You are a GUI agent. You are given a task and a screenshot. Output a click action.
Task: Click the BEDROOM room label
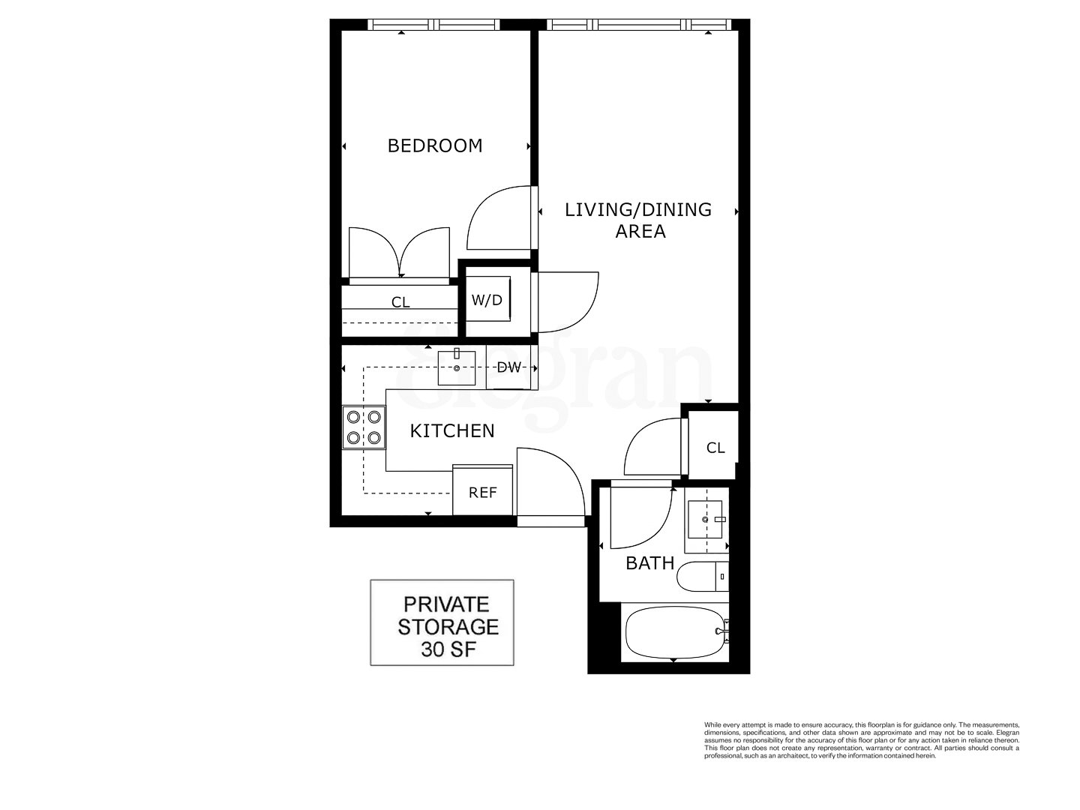click(x=434, y=145)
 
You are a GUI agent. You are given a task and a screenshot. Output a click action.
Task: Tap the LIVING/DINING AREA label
click(x=638, y=220)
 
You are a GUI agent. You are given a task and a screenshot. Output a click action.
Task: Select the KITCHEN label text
click(x=452, y=430)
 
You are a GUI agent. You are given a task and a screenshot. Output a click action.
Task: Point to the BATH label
click(x=649, y=563)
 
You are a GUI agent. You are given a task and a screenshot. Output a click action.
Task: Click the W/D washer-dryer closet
click(x=487, y=300)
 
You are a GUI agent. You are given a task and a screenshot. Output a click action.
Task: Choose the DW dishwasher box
click(x=509, y=367)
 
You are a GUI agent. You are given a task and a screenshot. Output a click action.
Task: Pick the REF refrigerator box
click(x=483, y=492)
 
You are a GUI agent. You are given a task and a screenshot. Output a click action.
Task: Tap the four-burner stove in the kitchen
click(x=364, y=427)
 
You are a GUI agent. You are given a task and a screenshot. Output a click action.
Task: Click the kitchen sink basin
click(x=457, y=367)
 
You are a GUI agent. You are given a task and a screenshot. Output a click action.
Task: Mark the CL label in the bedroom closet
click(x=400, y=302)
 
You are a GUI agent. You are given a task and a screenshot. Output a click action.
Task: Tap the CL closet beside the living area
click(x=715, y=448)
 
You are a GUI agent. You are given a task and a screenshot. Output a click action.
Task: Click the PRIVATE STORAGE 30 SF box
click(x=442, y=622)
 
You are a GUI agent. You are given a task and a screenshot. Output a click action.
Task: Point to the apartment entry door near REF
click(x=549, y=484)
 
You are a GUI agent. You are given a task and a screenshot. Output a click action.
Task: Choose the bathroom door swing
click(x=639, y=517)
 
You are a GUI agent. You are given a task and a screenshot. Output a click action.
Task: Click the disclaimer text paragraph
click(x=861, y=740)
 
